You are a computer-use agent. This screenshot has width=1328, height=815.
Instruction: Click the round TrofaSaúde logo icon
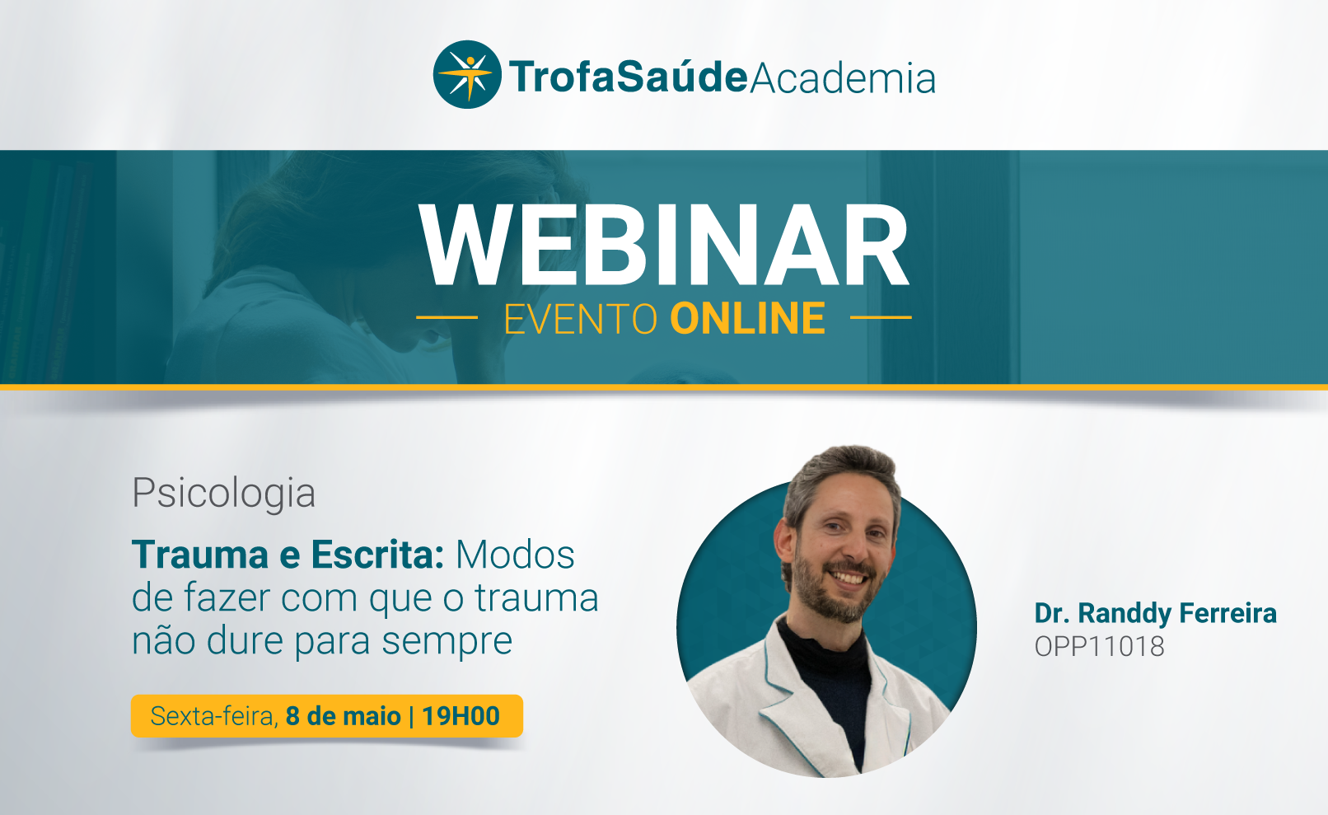point(467,74)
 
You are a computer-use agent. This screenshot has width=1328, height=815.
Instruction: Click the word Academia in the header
point(843,77)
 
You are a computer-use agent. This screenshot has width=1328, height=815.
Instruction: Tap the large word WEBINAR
point(664,245)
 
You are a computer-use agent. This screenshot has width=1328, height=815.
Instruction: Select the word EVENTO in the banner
point(581,319)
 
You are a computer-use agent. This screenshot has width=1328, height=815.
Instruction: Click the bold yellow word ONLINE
point(747,319)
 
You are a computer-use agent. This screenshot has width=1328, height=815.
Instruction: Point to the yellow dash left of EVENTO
point(447,317)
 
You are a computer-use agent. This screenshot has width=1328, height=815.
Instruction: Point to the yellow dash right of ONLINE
point(881,317)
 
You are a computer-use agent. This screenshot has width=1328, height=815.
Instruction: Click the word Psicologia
point(223,493)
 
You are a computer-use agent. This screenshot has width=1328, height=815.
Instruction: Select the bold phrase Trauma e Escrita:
point(288,555)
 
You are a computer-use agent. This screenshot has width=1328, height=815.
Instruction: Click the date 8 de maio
point(344,716)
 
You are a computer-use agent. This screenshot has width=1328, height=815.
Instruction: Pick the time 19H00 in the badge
point(461,716)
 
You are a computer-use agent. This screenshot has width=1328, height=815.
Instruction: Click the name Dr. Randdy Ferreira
point(1156,613)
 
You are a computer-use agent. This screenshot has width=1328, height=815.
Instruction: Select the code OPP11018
point(1100,647)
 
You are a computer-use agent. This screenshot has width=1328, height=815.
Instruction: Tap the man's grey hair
point(842,475)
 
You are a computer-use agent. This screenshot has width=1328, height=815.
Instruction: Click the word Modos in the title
point(515,555)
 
